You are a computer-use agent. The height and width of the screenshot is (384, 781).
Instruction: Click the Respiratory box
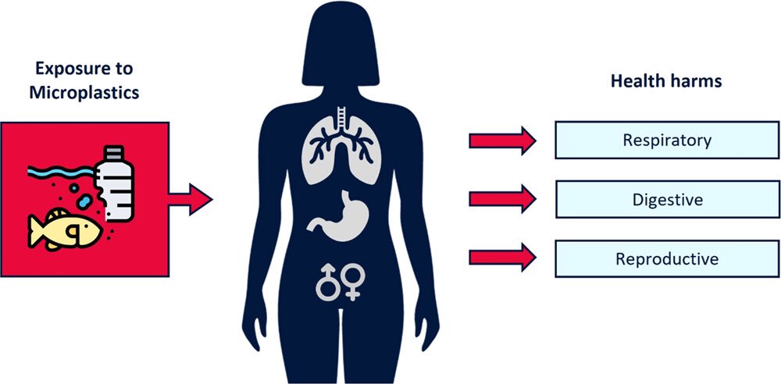(666, 141)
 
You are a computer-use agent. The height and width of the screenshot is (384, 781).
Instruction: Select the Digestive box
(666, 200)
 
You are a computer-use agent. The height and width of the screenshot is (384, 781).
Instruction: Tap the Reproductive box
(666, 259)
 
